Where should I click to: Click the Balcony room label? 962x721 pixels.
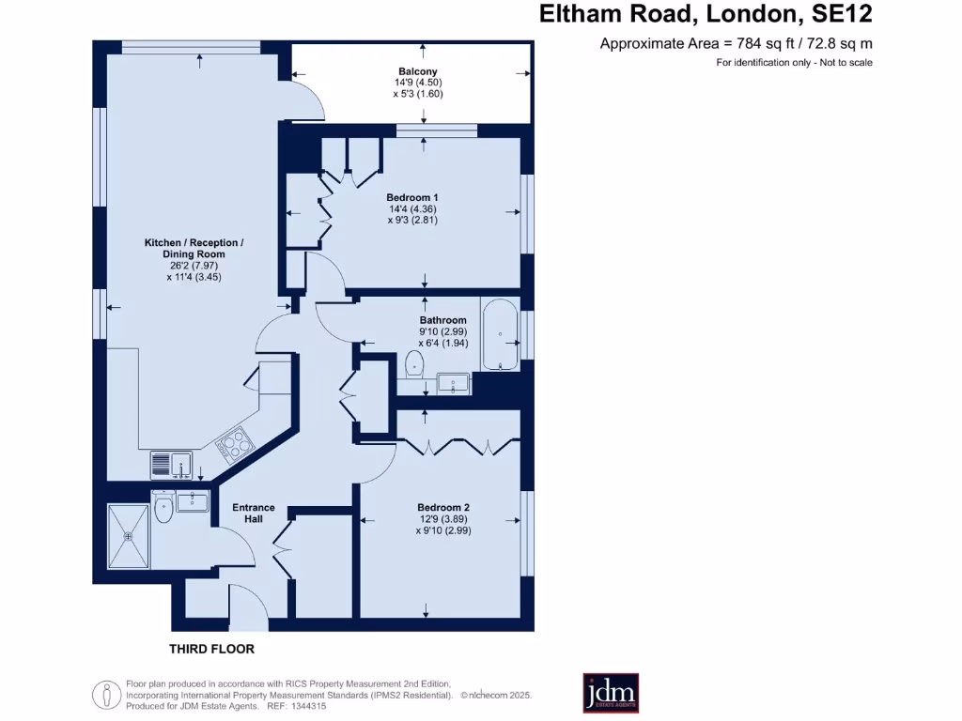[x=417, y=71]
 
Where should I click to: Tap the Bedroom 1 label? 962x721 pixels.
[x=413, y=197]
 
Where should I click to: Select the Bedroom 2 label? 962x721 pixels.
[x=443, y=507]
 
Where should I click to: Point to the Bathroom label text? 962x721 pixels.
[x=442, y=320]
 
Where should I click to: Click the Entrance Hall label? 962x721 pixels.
[x=254, y=513]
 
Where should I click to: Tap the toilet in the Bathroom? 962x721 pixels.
[x=412, y=365]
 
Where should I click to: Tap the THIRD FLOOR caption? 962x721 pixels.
[x=211, y=649]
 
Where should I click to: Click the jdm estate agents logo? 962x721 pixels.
[x=611, y=692]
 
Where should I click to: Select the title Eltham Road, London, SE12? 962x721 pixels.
[x=705, y=14]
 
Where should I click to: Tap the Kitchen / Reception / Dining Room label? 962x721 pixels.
[x=194, y=249]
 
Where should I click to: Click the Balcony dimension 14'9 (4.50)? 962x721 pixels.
[x=417, y=83]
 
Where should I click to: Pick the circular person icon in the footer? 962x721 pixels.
[x=106, y=695]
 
